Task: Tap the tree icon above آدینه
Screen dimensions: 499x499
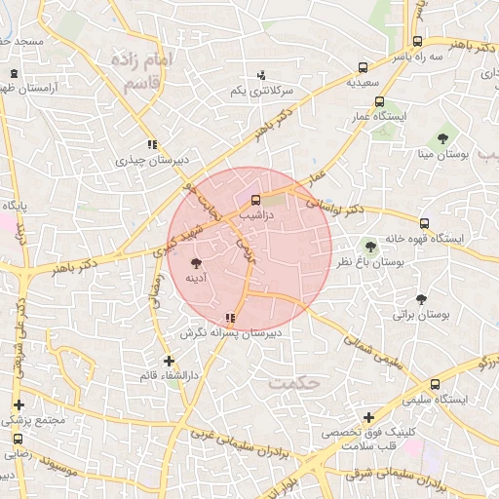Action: click(196, 263)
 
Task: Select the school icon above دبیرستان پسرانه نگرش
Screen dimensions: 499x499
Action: click(230, 318)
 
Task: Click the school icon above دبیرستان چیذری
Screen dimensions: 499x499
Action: click(151, 145)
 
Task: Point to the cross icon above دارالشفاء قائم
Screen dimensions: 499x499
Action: click(169, 361)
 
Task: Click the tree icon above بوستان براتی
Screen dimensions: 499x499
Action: click(421, 300)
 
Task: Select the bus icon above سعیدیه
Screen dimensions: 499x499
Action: click(363, 68)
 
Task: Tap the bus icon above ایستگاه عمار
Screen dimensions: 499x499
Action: click(379, 101)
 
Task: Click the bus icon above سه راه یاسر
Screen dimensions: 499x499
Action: click(417, 42)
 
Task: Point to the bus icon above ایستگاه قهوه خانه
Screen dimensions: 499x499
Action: click(423, 223)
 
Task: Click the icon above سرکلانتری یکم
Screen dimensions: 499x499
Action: click(260, 75)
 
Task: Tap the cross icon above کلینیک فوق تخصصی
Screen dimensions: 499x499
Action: click(367, 417)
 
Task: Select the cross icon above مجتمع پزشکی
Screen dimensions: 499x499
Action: click(18, 404)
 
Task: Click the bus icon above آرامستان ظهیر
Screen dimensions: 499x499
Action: click(14, 73)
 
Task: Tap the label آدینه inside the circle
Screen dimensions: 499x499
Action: click(197, 279)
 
